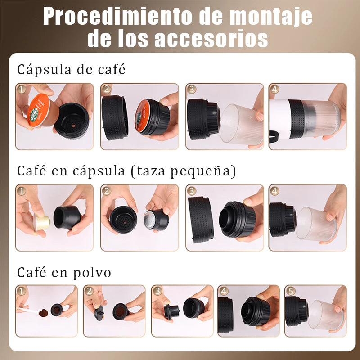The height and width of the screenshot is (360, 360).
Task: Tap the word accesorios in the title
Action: (211, 38)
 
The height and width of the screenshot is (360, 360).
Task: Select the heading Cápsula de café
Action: (71, 70)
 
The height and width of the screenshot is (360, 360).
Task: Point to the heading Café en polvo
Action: (64, 273)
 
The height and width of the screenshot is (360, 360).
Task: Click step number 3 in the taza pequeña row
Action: (192, 191)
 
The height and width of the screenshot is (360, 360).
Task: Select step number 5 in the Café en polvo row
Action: (290, 291)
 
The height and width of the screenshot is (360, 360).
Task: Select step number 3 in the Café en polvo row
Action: (157, 291)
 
